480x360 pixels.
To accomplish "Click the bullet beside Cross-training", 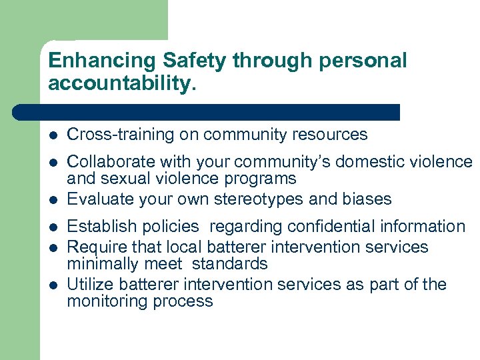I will [53, 135].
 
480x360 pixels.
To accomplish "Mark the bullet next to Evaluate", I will [53, 200].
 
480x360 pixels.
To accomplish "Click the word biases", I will [367, 199].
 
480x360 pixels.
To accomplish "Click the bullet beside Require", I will [53, 247].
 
